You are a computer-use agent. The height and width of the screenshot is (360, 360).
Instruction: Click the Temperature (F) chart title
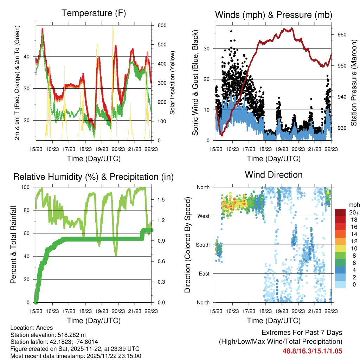pos(94,13)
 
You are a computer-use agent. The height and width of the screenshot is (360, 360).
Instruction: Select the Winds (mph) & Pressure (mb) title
pos(274,15)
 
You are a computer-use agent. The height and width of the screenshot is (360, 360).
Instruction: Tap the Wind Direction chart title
pos(274,175)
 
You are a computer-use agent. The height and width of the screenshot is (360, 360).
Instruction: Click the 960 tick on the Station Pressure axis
pos(342,34)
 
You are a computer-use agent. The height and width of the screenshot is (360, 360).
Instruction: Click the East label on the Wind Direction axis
pos(204,274)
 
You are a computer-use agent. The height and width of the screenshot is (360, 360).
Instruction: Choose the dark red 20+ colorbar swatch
pos(340,212)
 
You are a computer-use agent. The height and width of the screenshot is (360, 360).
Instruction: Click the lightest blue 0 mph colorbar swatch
pos(340,284)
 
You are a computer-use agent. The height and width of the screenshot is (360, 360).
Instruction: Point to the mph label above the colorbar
pos(353,205)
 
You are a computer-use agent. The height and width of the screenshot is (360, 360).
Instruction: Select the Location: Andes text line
pos(32,328)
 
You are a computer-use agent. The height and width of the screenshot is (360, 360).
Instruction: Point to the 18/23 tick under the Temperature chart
pos(85,149)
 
